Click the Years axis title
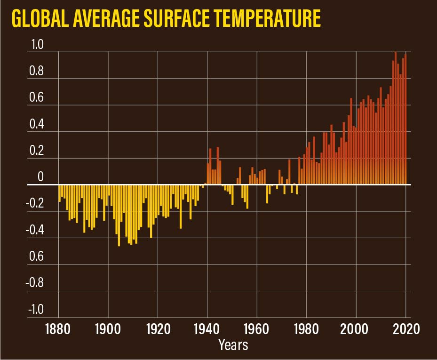pyautogui.click(x=233, y=345)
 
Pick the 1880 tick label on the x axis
pyautogui.click(x=59, y=328)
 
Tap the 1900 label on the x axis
pyautogui.click(x=108, y=328)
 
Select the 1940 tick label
pyautogui.click(x=207, y=328)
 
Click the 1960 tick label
pyautogui.click(x=257, y=328)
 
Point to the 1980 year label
pyautogui.click(x=306, y=328)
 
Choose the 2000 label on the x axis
pyautogui.click(x=356, y=328)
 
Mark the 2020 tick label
pyautogui.click(x=405, y=328)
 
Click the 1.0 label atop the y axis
pyautogui.click(x=37, y=45)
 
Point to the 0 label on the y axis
pyautogui.click(x=40, y=177)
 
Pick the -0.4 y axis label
pyautogui.click(x=35, y=231)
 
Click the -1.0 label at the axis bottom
pyautogui.click(x=35, y=310)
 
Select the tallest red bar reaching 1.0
pyautogui.click(x=396, y=118)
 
